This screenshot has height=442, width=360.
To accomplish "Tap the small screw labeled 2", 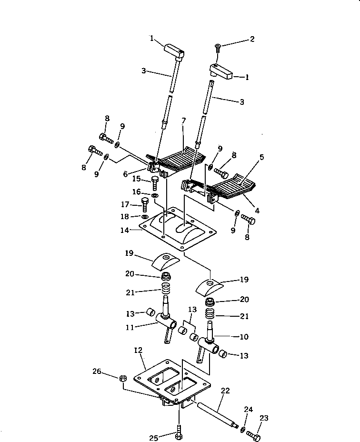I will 218,48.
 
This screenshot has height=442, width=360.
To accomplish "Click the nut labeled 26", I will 122,378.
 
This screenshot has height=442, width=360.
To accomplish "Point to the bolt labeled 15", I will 154,181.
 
